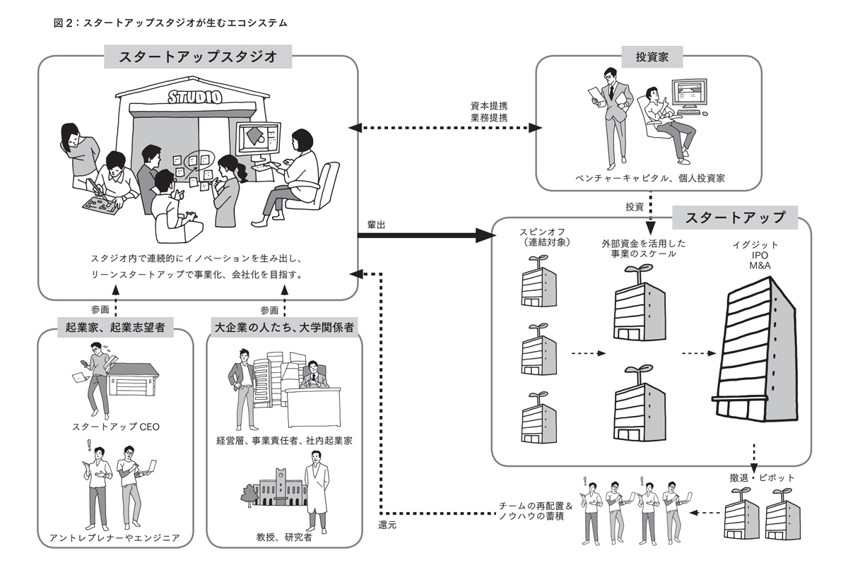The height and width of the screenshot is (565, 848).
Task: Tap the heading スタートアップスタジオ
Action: click(x=197, y=57)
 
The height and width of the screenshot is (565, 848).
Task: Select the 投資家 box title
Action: click(x=648, y=57)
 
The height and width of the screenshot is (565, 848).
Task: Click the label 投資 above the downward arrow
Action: click(x=634, y=207)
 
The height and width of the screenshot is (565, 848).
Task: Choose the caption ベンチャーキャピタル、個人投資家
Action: click(x=649, y=179)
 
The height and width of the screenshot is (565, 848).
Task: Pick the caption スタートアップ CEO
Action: click(x=115, y=427)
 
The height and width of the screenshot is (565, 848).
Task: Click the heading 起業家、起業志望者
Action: click(x=115, y=327)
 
